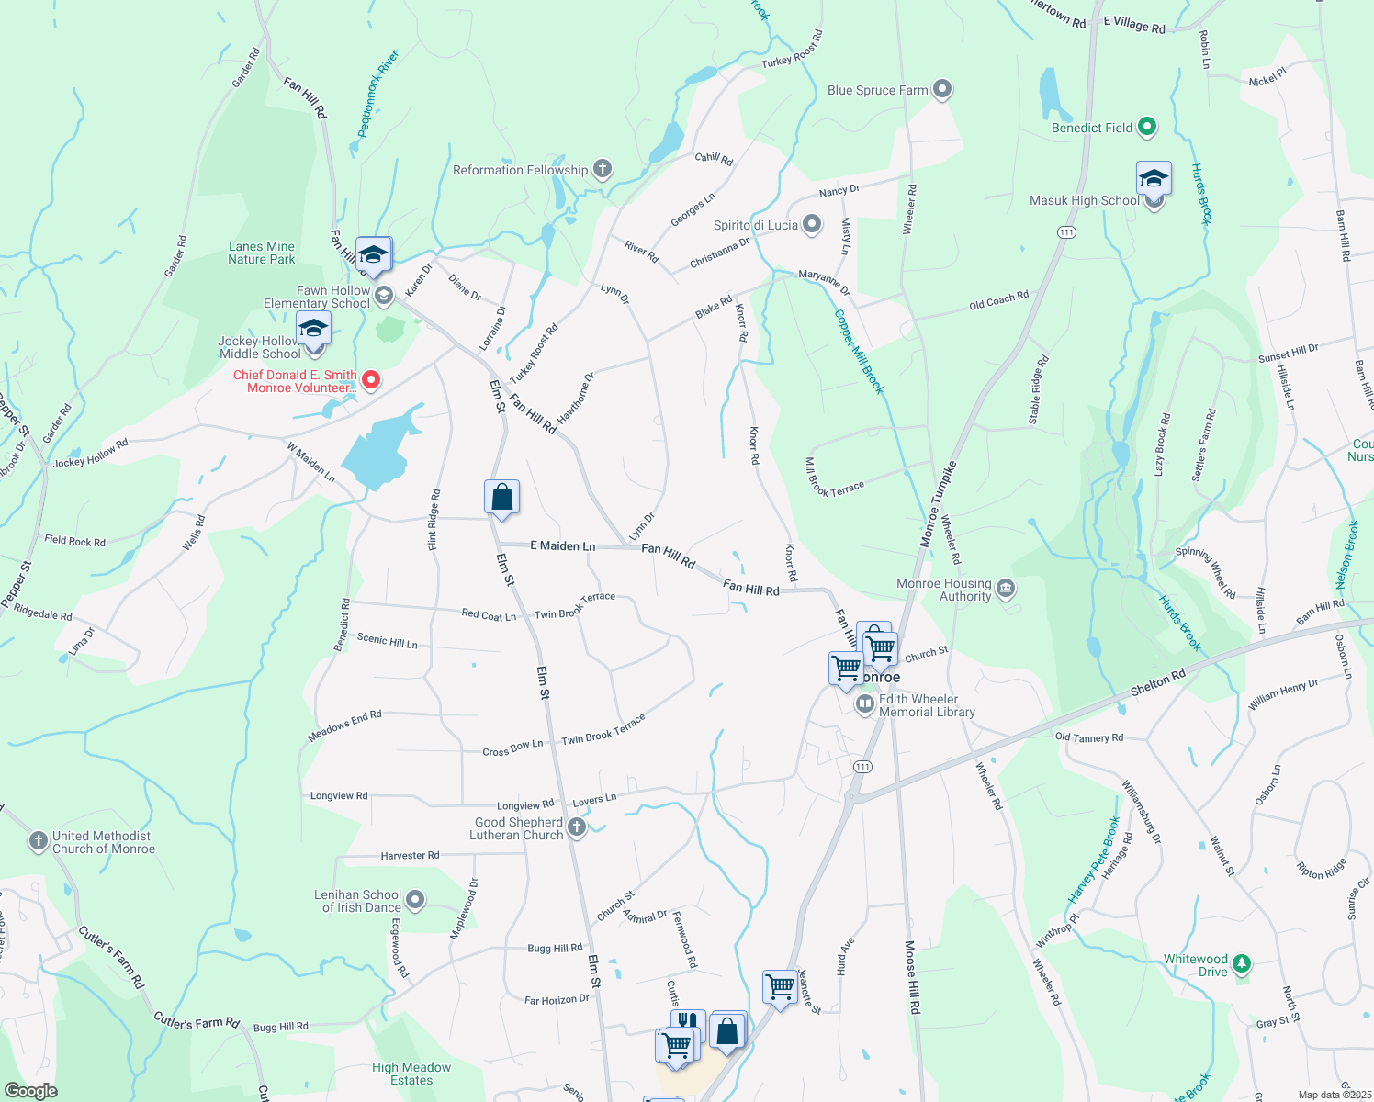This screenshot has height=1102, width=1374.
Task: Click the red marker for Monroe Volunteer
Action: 371,379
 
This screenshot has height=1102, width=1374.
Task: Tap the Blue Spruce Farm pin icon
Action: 942,90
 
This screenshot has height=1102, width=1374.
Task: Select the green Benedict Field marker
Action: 1146,128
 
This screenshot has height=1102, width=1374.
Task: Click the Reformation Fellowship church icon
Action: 603,169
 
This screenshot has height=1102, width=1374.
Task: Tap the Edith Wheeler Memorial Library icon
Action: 864,704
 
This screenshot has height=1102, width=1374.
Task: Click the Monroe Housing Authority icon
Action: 1007,589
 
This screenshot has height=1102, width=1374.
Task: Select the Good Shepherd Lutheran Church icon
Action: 577,827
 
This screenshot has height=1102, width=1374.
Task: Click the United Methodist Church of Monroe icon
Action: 38,841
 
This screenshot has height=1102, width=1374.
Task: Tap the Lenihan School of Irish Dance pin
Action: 415,900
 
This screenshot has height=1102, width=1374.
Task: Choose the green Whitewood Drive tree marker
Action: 1242,963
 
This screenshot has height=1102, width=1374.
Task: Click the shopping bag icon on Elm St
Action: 501,497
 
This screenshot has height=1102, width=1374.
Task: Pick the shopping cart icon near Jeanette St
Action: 780,987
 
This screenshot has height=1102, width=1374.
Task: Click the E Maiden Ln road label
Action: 563,545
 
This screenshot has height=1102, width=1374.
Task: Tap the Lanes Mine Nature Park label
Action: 262,253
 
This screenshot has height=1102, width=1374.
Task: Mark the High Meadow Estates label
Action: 411,1074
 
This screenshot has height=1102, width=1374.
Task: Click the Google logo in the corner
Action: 31,1090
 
